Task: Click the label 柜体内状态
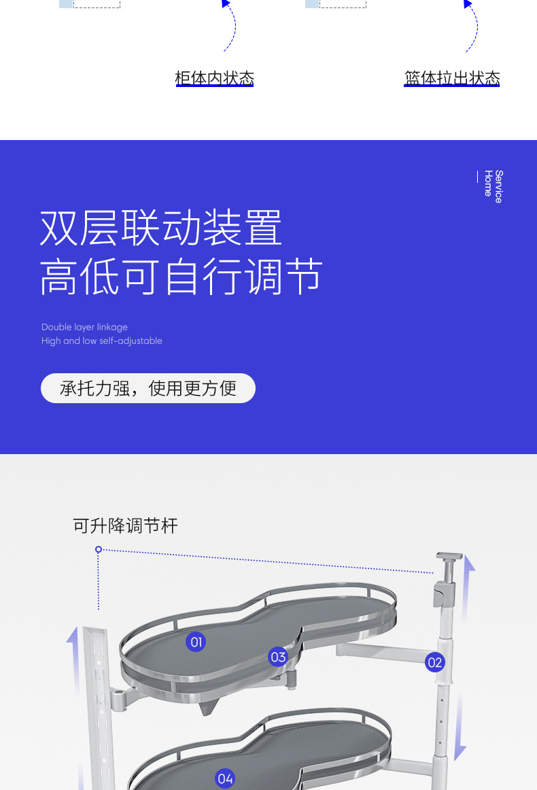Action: (x=214, y=78)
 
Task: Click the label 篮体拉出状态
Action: (x=452, y=78)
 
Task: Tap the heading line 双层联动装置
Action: (x=161, y=228)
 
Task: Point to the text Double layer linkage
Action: (x=84, y=327)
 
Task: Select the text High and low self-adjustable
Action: (x=102, y=341)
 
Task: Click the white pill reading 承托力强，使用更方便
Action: (x=148, y=388)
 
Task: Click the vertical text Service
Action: (x=499, y=186)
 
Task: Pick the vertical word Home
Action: (x=488, y=184)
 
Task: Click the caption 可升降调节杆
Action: (x=125, y=526)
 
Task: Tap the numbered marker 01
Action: (x=196, y=642)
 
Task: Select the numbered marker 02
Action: (x=435, y=662)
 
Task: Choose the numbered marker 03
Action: (x=278, y=657)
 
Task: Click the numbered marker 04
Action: (x=225, y=778)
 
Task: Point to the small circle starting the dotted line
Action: (x=99, y=549)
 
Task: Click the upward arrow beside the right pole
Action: (x=468, y=585)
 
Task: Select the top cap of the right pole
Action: (x=449, y=557)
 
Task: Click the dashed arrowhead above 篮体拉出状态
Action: (x=468, y=4)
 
